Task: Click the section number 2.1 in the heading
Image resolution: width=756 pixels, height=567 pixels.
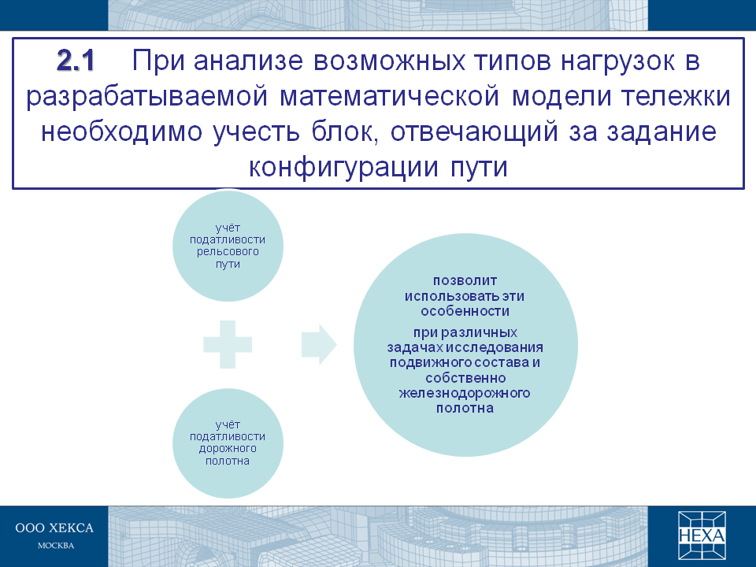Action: (x=76, y=61)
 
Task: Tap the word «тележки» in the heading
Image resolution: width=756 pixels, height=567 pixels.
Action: (x=676, y=97)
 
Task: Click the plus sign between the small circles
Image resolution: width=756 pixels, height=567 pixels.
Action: (x=228, y=345)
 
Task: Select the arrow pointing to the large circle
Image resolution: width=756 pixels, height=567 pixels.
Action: (x=319, y=345)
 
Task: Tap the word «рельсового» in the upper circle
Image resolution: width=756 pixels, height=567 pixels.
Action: (x=228, y=252)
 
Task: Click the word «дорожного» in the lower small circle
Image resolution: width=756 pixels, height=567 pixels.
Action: (x=228, y=449)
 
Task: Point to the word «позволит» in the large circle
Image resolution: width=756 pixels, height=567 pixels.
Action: (x=465, y=280)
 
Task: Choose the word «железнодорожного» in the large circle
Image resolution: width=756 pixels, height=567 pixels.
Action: (x=465, y=394)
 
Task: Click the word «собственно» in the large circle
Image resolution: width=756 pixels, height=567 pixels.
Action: (x=465, y=378)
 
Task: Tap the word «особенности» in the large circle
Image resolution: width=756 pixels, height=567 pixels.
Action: (x=465, y=312)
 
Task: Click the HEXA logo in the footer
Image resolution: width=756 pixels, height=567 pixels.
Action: (x=702, y=535)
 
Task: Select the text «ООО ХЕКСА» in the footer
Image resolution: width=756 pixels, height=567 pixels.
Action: (x=54, y=528)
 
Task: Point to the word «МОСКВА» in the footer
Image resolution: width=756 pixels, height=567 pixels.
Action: (x=56, y=546)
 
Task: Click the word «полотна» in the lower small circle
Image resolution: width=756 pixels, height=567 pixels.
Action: (x=227, y=461)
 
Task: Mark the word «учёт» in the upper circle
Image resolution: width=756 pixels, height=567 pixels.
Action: (x=228, y=228)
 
